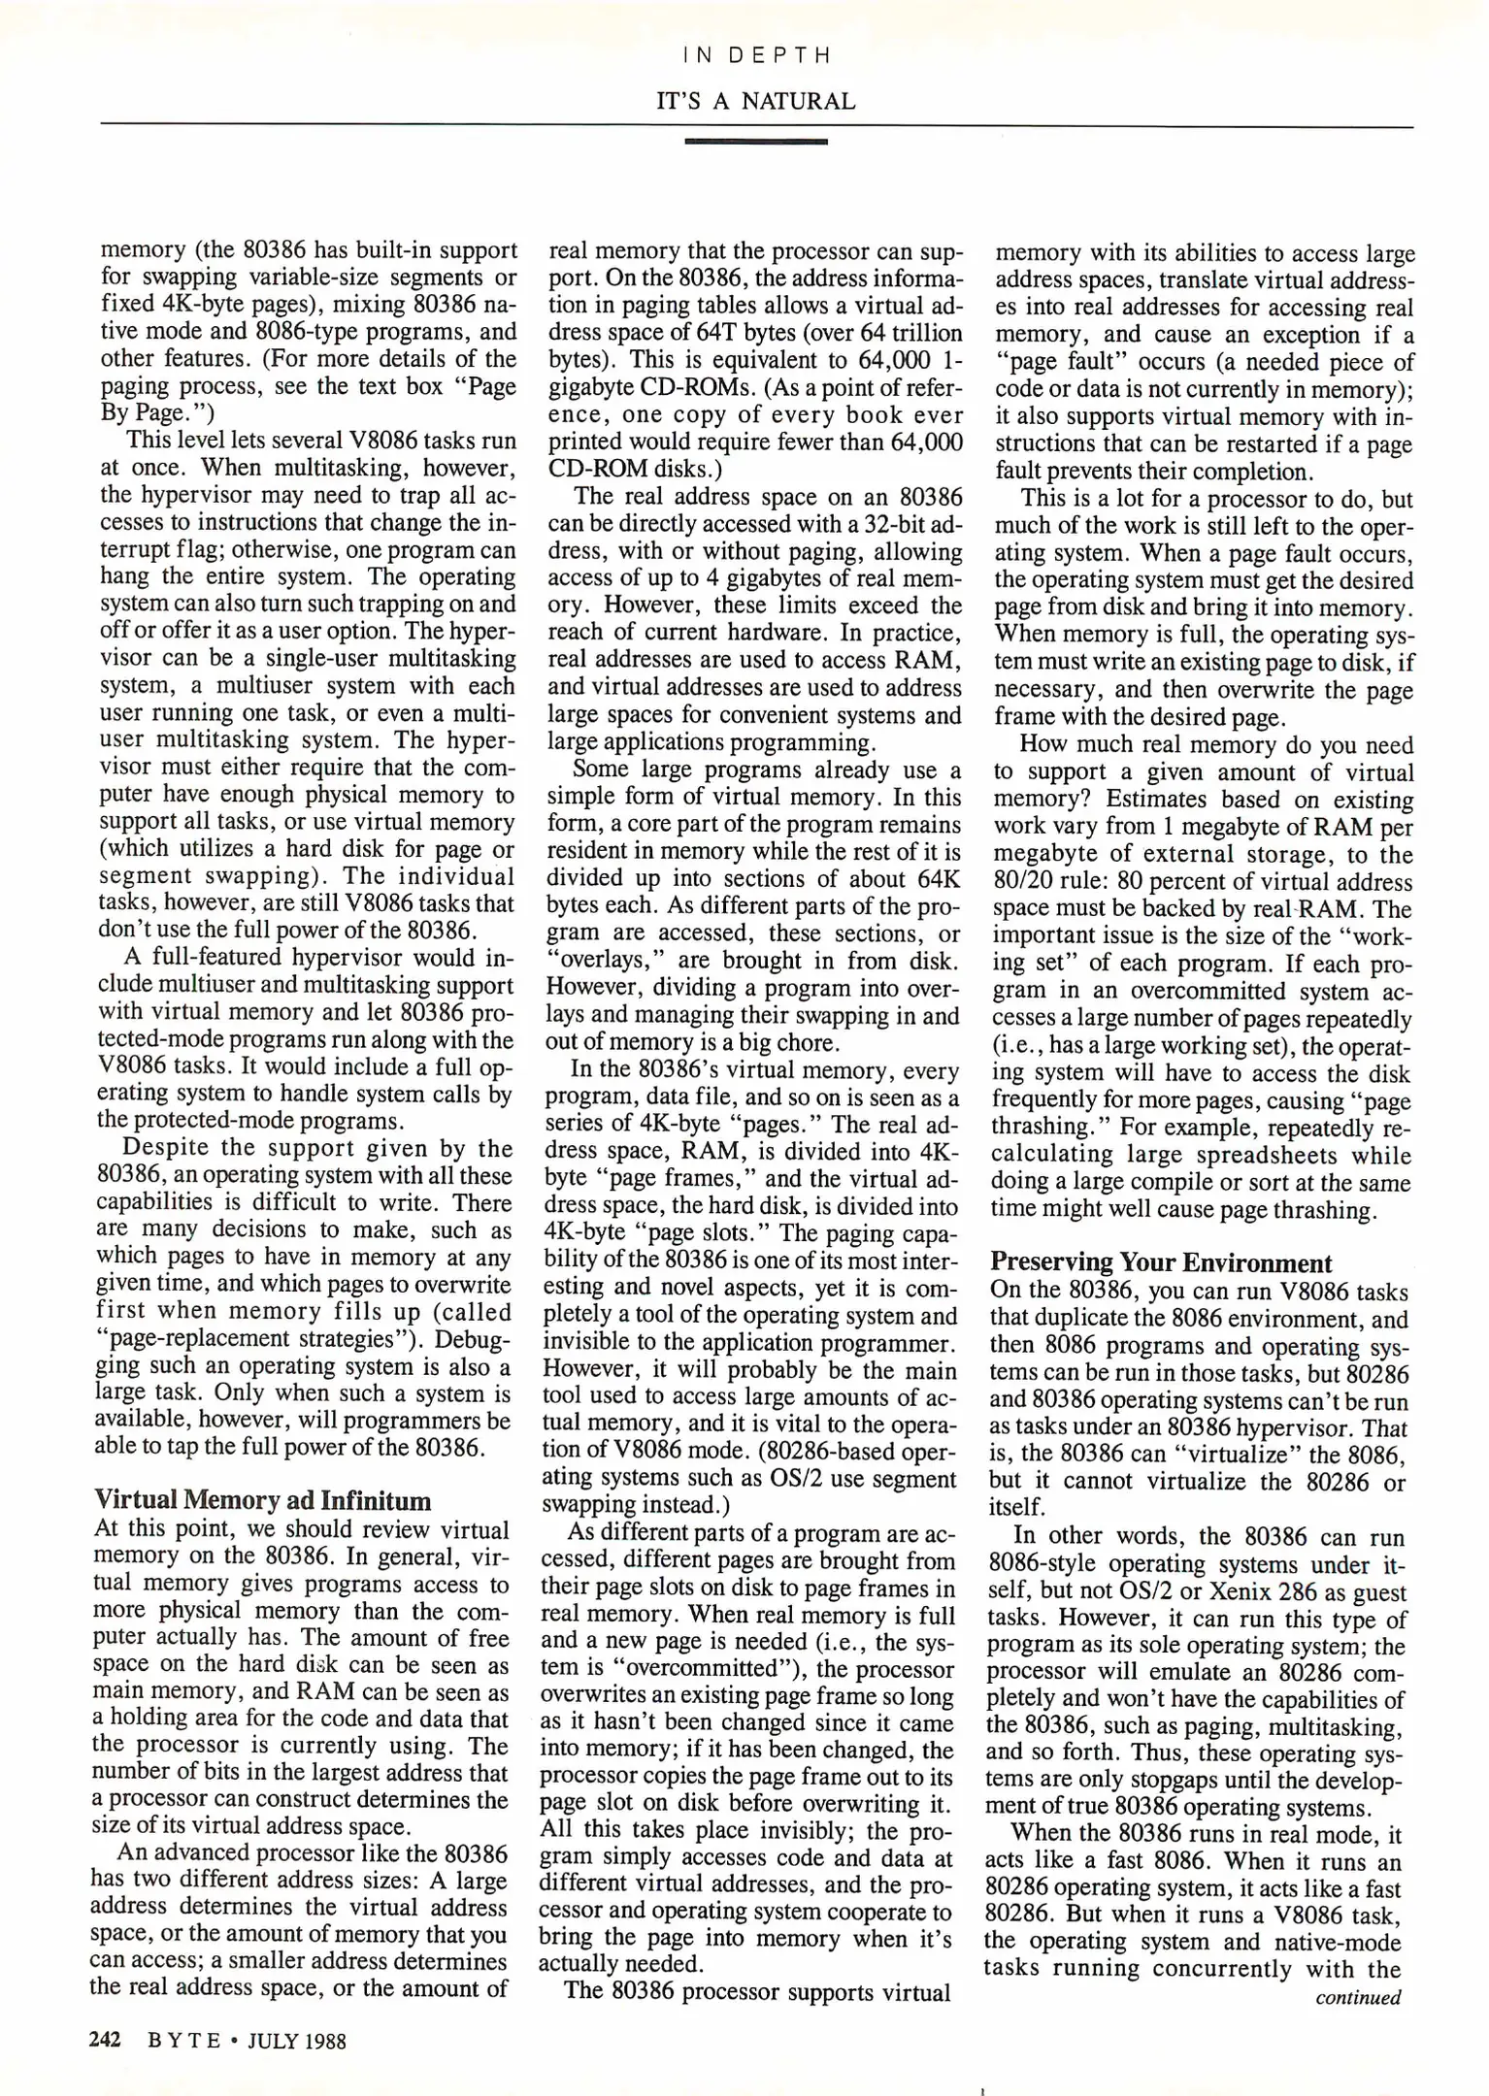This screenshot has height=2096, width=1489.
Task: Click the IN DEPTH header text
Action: pos(756,55)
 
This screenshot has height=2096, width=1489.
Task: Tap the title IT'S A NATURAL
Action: pos(756,101)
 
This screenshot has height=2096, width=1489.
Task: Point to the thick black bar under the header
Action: pos(756,142)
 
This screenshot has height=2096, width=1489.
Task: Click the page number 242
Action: pos(104,2040)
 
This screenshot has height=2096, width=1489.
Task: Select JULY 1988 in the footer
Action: pos(297,2041)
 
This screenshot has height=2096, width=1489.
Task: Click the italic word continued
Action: pos(1358,1998)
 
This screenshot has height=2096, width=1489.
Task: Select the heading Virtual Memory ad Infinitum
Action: pos(262,1501)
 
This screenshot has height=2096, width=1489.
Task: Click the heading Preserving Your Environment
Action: pos(1161,1263)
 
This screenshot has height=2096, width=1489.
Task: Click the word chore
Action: pos(806,1043)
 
